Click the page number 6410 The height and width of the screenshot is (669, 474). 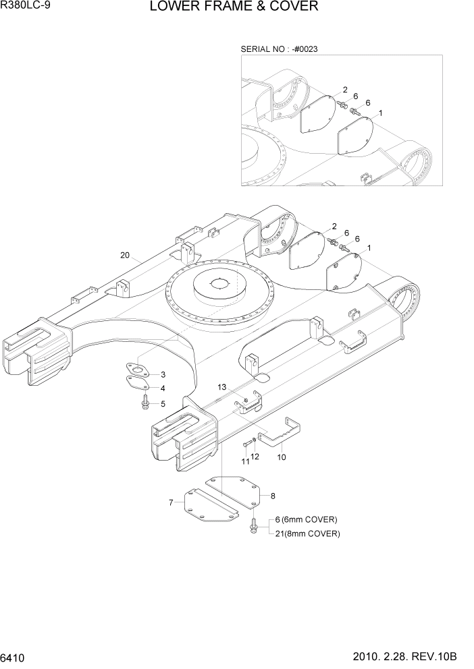pos(16,656)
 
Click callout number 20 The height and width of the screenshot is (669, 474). pos(124,255)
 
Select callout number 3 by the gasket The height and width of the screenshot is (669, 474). pos(163,374)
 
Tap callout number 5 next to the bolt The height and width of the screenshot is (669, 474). pos(163,404)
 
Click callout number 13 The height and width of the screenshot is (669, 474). pos(222,387)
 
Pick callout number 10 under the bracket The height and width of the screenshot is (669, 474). pos(282,457)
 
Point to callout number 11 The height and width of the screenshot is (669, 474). pos(245,461)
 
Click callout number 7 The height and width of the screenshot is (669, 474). pos(172,502)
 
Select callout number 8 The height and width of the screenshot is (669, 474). pos(273,496)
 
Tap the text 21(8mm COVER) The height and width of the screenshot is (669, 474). pos(307,533)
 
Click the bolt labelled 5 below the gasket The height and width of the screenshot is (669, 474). pos(144,403)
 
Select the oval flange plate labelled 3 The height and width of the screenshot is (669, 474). pos(137,371)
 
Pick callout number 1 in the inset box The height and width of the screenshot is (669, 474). pos(381,113)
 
